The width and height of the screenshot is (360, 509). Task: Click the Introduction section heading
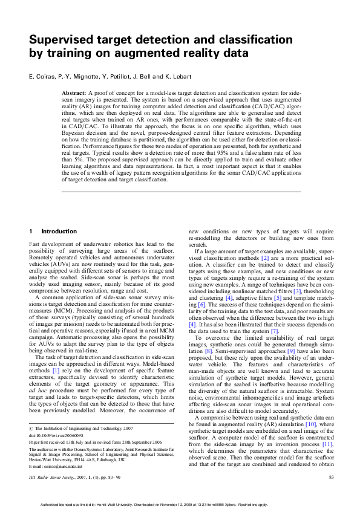[59, 232]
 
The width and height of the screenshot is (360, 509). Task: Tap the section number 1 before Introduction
[31, 232]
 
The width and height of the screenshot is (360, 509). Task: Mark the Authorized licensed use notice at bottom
[179, 503]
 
